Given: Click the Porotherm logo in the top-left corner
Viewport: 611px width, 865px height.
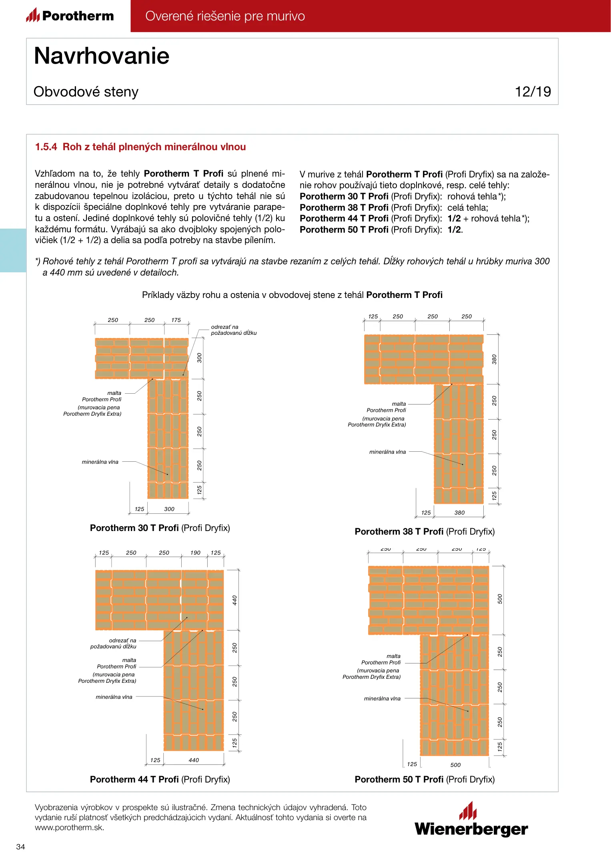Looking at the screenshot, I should pos(70,16).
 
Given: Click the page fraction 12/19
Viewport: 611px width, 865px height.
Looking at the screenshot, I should pos(533,92).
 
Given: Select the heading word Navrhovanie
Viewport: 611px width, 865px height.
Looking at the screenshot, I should pos(102,56).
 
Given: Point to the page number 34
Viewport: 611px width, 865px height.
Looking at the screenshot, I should pos(20,847).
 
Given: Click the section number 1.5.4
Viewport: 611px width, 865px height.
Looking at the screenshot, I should pos(46,147).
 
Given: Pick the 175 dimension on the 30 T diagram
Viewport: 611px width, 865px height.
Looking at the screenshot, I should pos(176,320).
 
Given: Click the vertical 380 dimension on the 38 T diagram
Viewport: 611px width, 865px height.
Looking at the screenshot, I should pos(494,359).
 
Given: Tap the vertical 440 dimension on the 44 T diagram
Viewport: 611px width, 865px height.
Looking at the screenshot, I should pos(235,600).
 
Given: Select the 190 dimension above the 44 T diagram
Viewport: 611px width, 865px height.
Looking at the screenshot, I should pos(195,553).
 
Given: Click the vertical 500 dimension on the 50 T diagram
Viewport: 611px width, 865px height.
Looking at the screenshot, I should pos(500,599).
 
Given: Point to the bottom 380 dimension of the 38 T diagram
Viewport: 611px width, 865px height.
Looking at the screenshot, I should pos(459,513).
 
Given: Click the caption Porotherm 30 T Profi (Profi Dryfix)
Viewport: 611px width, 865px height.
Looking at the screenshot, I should pos(160,528).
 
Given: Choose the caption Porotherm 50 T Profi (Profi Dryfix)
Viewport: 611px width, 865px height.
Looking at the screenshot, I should pos(425,779).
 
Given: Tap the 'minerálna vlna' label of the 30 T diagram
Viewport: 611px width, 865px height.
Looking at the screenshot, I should pos(100,462).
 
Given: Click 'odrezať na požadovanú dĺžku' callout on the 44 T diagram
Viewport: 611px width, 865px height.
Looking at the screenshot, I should pos(113,643).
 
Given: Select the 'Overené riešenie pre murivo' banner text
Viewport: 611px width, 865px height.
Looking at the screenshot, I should pos(225,16).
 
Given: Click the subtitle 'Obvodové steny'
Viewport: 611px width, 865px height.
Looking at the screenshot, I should pos(86,92).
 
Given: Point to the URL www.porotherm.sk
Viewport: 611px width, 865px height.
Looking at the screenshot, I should pos(69,827).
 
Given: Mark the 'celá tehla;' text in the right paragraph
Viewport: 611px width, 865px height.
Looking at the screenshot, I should pos(467,207).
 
